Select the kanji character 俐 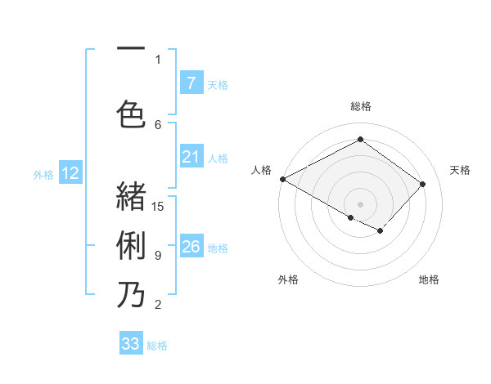click(x=131, y=244)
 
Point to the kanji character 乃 click(x=131, y=294)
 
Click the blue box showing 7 click(x=191, y=83)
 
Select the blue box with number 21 click(x=191, y=157)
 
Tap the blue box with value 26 click(x=191, y=247)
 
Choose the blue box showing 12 click(x=70, y=173)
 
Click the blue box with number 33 click(x=131, y=344)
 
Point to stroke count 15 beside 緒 click(x=159, y=206)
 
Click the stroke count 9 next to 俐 click(x=158, y=256)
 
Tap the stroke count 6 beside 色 click(x=158, y=124)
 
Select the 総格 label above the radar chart click(x=360, y=106)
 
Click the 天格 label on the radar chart click(x=460, y=170)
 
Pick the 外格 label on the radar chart click(x=287, y=279)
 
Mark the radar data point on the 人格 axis click(x=282, y=179)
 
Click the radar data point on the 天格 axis click(x=422, y=184)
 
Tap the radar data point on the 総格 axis click(x=360, y=140)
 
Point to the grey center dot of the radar click(x=360, y=203)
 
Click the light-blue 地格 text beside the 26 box click(x=218, y=248)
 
